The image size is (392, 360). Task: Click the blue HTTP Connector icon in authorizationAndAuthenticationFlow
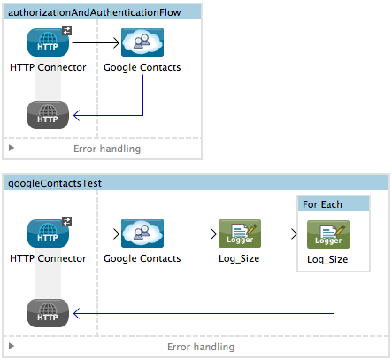[48, 42]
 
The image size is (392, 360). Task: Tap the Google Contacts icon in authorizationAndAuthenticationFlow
[142, 42]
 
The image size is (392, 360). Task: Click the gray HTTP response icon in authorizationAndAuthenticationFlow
[48, 115]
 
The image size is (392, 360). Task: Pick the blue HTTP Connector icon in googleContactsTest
[48, 234]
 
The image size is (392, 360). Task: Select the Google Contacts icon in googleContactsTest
[142, 234]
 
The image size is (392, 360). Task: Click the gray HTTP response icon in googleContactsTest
[48, 313]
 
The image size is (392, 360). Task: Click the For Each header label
[323, 204]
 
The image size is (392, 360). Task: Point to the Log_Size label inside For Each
[327, 260]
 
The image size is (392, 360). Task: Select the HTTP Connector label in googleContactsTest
[48, 258]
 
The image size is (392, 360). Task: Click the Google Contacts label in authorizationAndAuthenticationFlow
[142, 66]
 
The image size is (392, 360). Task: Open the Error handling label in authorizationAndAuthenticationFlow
[106, 149]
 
